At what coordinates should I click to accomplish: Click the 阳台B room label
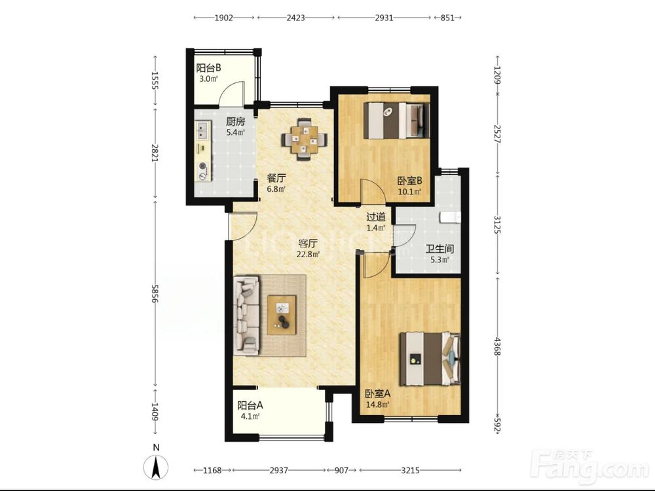[208, 67]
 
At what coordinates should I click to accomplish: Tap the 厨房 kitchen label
[235, 122]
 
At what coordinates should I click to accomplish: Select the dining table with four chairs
[305, 139]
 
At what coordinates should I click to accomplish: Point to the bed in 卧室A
[430, 359]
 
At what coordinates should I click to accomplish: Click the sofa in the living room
[247, 316]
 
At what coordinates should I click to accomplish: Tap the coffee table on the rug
[282, 315]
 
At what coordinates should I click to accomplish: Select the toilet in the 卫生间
[451, 217]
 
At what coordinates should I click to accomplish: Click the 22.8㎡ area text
[309, 254]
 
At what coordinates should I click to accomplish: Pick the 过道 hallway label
[375, 217]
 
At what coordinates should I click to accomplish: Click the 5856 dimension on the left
[155, 295]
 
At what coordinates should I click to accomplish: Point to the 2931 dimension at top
[384, 18]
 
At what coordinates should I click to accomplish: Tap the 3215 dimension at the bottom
[410, 470]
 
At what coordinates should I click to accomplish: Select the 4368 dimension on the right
[497, 346]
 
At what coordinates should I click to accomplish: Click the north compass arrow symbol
[156, 467]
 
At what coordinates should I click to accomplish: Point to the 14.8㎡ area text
[377, 404]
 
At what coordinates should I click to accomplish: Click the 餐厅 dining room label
[276, 178]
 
